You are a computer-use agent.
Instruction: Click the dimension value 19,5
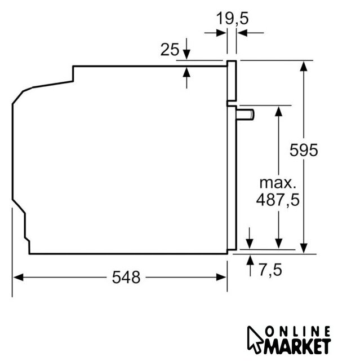(x=233, y=18)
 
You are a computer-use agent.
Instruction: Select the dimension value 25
(x=170, y=49)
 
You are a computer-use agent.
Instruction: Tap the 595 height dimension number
(x=304, y=150)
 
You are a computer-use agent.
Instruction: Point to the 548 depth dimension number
(x=126, y=277)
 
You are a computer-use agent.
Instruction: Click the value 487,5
(x=278, y=200)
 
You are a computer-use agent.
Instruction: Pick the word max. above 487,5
(x=278, y=183)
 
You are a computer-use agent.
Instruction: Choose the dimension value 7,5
(x=270, y=270)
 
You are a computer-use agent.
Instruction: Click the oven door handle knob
(x=245, y=115)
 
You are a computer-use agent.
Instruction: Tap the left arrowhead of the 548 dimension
(x=19, y=277)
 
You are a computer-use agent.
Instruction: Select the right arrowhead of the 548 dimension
(x=221, y=277)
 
